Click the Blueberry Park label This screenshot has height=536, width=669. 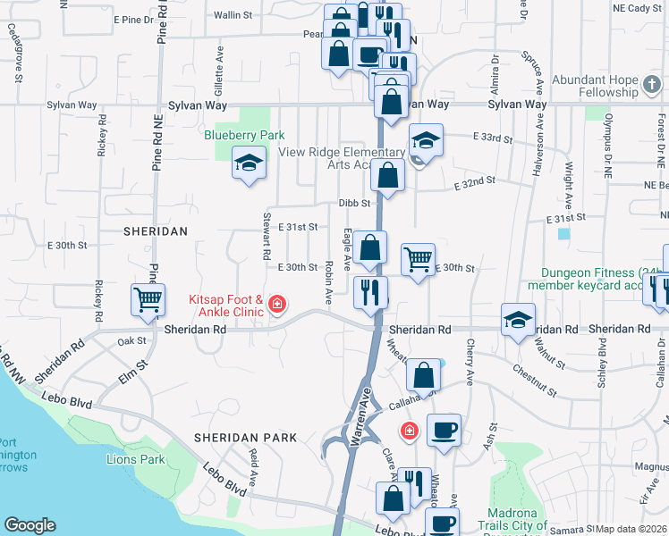(244, 135)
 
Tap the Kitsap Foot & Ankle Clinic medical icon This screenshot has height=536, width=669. (277, 306)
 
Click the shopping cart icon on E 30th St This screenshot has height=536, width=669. (418, 259)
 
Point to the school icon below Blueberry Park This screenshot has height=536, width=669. (249, 163)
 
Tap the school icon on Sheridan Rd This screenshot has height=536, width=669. (518, 320)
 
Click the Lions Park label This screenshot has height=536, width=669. (135, 459)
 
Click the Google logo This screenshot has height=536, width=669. (30, 525)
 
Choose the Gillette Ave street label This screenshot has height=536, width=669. (218, 78)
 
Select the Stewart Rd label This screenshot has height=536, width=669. (267, 236)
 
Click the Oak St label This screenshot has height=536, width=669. (131, 340)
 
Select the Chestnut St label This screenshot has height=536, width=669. (535, 379)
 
